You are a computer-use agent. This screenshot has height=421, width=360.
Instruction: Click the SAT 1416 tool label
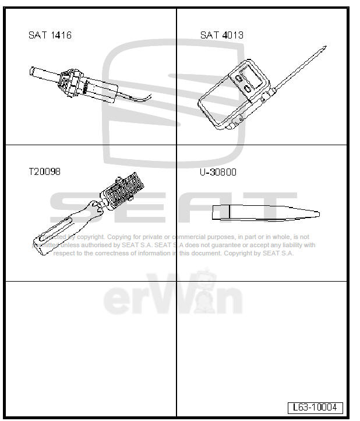tap(50, 36)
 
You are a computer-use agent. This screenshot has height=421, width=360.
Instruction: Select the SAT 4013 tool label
tap(222, 35)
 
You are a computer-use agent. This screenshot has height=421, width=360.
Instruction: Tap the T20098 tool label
tap(44, 172)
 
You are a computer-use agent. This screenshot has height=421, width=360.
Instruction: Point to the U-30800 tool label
tap(218, 172)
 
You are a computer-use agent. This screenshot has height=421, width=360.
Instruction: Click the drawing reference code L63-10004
tap(315, 408)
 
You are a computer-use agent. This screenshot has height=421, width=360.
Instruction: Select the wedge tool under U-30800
tap(264, 213)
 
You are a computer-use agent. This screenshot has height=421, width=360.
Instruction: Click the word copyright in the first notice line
tap(90, 237)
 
